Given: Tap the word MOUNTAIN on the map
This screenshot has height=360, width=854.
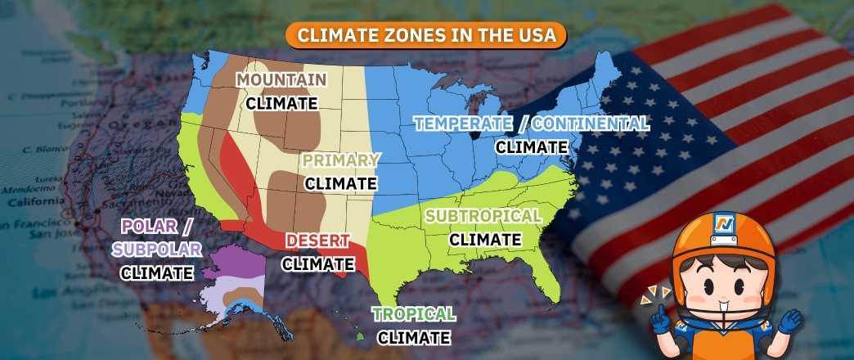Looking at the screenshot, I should coord(281,80).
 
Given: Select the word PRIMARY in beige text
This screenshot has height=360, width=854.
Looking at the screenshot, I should coord(341,160).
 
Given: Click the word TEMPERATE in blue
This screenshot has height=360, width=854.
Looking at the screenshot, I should coord(459,124).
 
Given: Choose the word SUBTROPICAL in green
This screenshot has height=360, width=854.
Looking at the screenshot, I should coord(483,217).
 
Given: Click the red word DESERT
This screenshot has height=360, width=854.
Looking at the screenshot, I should coord(318,241).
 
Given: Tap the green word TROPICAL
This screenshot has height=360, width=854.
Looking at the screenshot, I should coord(414,314).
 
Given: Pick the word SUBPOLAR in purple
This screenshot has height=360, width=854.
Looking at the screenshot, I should coord(155,250).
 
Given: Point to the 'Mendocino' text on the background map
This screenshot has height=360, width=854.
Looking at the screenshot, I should coord(22,187).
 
